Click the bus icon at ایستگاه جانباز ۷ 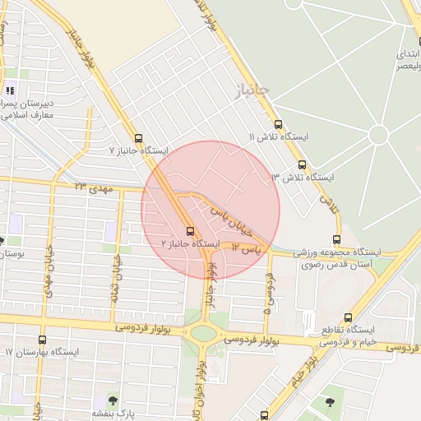pos(137,138)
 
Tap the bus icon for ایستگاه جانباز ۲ pos(190,231)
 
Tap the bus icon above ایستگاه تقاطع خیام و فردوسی pos(349,317)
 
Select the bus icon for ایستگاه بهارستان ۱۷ pos(43,340)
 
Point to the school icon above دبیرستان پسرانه pos(10,91)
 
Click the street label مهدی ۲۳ pos(92,188)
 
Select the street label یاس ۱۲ pos(245,247)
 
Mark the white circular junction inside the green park pos(378,135)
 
